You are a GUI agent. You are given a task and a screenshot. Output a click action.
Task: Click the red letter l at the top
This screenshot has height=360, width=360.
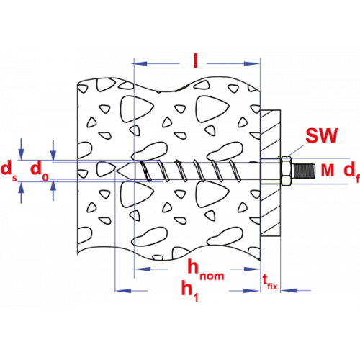pyautogui.click(x=196, y=60)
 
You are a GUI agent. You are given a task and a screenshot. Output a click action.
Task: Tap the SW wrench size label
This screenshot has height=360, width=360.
pyautogui.click(x=322, y=135)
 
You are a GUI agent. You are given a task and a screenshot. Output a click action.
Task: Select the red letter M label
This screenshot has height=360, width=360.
pyautogui.click(x=328, y=170)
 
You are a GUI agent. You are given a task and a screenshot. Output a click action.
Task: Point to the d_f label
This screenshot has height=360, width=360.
pyautogui.click(x=351, y=171)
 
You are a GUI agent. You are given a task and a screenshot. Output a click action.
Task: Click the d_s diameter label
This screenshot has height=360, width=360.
pyautogui.click(x=9, y=171)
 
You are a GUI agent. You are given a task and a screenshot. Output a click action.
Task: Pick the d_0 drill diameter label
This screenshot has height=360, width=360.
pyautogui.click(x=40, y=171)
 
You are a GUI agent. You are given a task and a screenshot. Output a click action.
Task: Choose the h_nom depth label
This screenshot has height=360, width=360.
pyautogui.click(x=206, y=270)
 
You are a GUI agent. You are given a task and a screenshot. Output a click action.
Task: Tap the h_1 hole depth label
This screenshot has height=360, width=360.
pyautogui.click(x=189, y=290)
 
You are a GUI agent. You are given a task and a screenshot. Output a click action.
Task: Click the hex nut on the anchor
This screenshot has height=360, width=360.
pyautogui.click(x=286, y=171)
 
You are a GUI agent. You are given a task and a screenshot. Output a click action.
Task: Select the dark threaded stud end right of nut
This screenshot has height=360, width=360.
pyautogui.click(x=304, y=171)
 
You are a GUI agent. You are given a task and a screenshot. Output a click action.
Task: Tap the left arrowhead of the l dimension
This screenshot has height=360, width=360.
pyautogui.click(x=140, y=63)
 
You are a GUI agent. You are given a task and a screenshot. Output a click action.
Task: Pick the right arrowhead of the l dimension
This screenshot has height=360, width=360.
pyautogui.click(x=252, y=63)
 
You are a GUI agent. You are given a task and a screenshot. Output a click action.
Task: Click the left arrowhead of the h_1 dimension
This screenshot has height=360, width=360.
pyautogui.click(x=123, y=291)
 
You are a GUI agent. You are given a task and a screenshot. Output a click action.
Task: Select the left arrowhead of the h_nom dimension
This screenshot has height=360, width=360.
pyautogui.click(x=143, y=269)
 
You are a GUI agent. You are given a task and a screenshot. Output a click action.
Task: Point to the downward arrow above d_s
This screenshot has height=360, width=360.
pyautogui.click(x=22, y=149)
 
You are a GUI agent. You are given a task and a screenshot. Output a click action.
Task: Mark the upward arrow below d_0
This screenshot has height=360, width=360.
pyautogui.click(x=53, y=191)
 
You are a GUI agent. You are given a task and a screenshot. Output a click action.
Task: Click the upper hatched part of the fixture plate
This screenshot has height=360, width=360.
pyautogui.click(x=270, y=134)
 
